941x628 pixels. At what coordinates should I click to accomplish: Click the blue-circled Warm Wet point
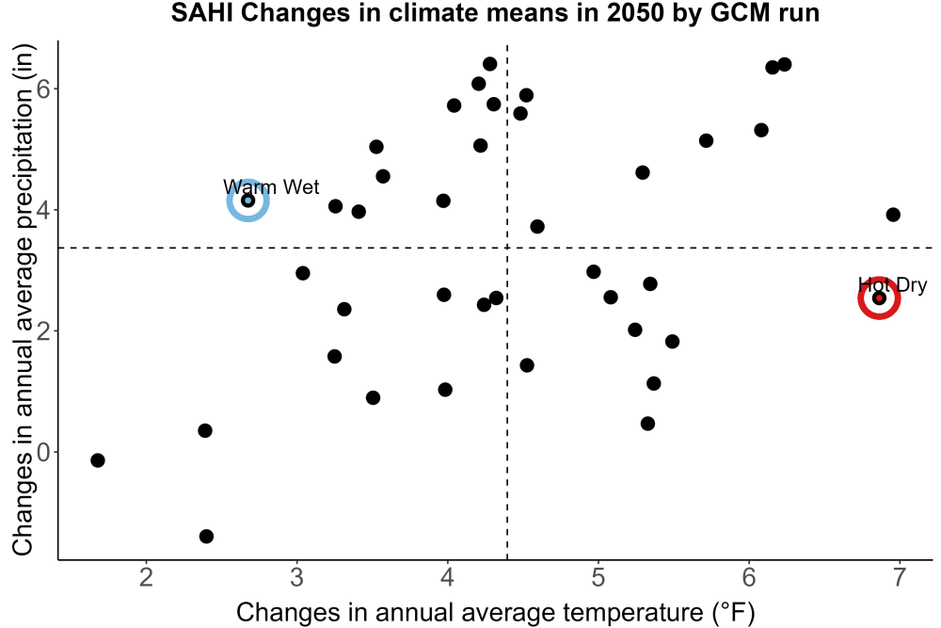(247, 200)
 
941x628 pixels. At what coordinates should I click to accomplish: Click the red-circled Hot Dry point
(879, 298)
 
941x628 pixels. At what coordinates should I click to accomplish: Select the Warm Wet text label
(271, 186)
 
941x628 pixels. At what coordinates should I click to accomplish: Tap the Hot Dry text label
(892, 284)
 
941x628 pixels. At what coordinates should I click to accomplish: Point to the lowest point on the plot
(206, 536)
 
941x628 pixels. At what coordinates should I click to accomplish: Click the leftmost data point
(98, 460)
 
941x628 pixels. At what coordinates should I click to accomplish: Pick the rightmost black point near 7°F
(893, 215)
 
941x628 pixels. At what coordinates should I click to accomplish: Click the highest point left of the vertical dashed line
(489, 64)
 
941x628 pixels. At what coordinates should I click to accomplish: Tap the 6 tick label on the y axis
(44, 89)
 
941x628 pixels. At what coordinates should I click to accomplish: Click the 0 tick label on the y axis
(44, 452)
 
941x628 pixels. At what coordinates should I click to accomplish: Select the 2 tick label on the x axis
(146, 577)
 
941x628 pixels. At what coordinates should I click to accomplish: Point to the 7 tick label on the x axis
(899, 577)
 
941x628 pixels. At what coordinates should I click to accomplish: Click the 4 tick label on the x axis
(447, 577)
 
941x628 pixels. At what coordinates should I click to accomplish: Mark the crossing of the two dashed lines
(507, 248)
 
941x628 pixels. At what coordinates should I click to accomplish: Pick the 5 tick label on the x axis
(598, 577)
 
